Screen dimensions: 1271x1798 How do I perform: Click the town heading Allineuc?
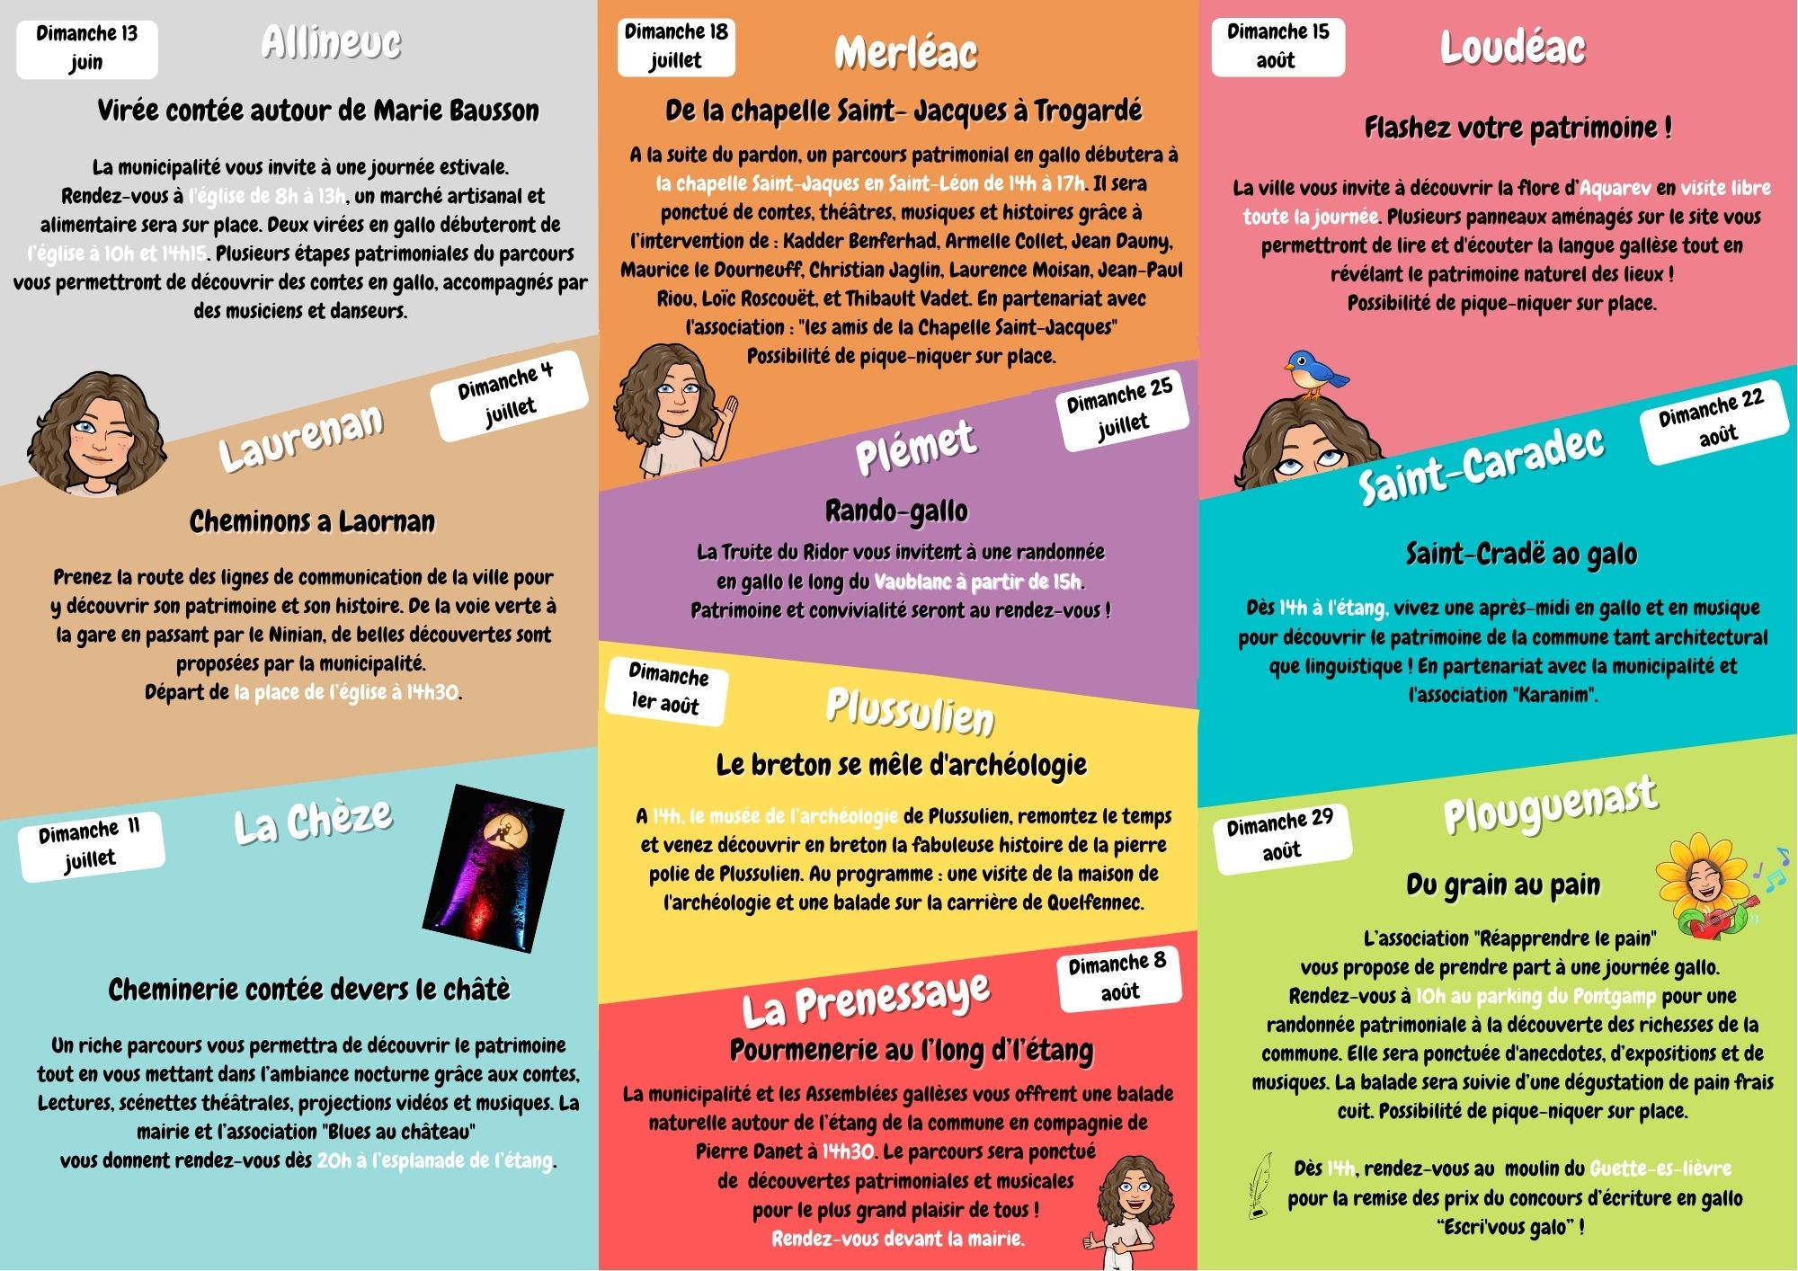pos(331,42)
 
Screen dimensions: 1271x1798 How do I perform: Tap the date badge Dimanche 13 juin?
pos(86,48)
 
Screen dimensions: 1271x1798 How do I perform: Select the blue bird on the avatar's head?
pos(1314,373)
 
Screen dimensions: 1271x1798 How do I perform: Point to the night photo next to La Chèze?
pos(494,867)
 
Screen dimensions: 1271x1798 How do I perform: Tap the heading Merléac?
pos(905,52)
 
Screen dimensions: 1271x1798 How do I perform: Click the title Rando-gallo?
pos(896,511)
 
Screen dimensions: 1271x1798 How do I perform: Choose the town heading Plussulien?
pos(910,711)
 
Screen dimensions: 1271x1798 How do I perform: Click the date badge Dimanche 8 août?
pos(1118,977)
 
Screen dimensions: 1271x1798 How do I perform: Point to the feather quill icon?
pos(1261,1186)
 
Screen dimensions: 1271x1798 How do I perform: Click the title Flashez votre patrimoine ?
pos(1518,128)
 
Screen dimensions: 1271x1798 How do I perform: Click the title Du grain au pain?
pos(1503,884)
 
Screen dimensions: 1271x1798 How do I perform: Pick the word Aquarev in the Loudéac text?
pos(1615,188)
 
